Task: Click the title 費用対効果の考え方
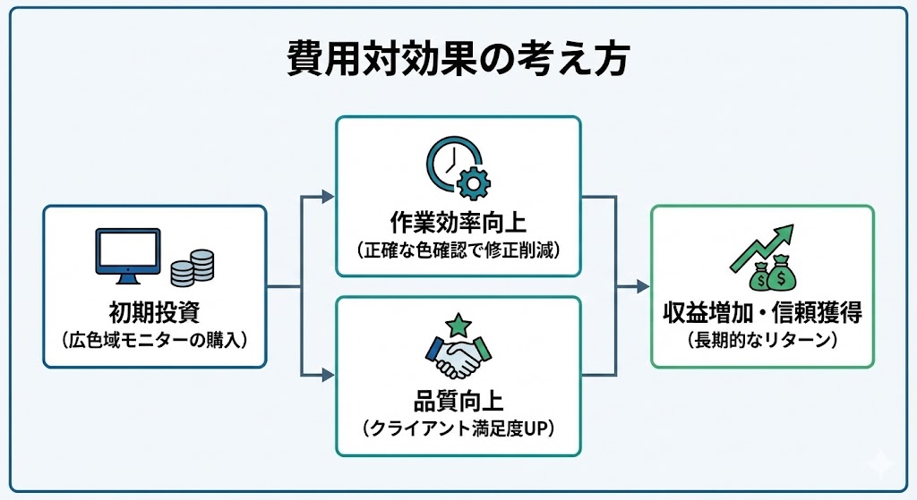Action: click(458, 60)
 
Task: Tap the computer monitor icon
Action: click(127, 253)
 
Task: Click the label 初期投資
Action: click(154, 313)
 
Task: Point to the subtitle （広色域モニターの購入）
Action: click(154, 340)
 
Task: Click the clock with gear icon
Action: click(456, 168)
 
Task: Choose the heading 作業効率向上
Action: click(458, 222)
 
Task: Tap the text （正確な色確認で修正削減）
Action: click(458, 249)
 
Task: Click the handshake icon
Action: click(458, 355)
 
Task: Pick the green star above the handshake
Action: click(458, 323)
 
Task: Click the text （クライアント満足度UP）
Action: click(458, 428)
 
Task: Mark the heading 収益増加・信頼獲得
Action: click(762, 313)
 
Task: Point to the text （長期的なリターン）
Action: click(762, 340)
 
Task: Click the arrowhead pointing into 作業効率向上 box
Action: click(329, 196)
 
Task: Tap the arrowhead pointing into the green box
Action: click(642, 286)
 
